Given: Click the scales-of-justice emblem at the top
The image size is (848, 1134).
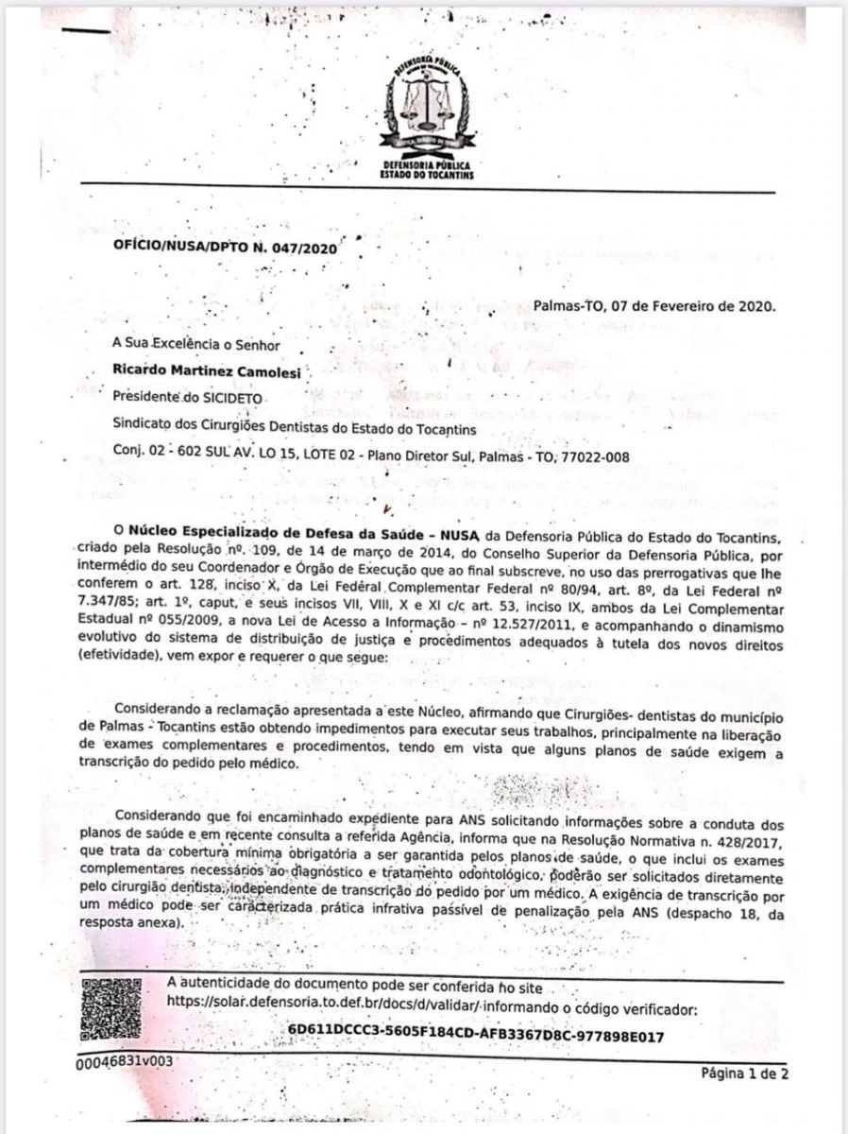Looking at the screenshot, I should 424,100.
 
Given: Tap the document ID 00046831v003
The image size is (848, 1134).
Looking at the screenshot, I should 125,1061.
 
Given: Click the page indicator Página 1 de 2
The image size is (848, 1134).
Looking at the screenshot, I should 745,1073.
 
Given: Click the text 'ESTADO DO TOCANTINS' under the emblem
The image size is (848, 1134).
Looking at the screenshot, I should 426,176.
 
